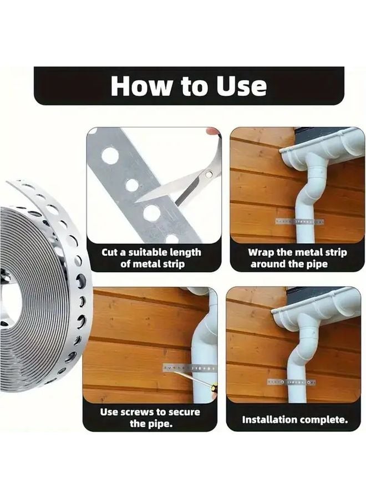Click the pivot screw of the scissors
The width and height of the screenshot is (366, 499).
point(209,175)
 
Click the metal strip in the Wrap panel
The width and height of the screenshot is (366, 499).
point(300,221)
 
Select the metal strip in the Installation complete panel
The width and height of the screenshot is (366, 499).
point(291,382)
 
